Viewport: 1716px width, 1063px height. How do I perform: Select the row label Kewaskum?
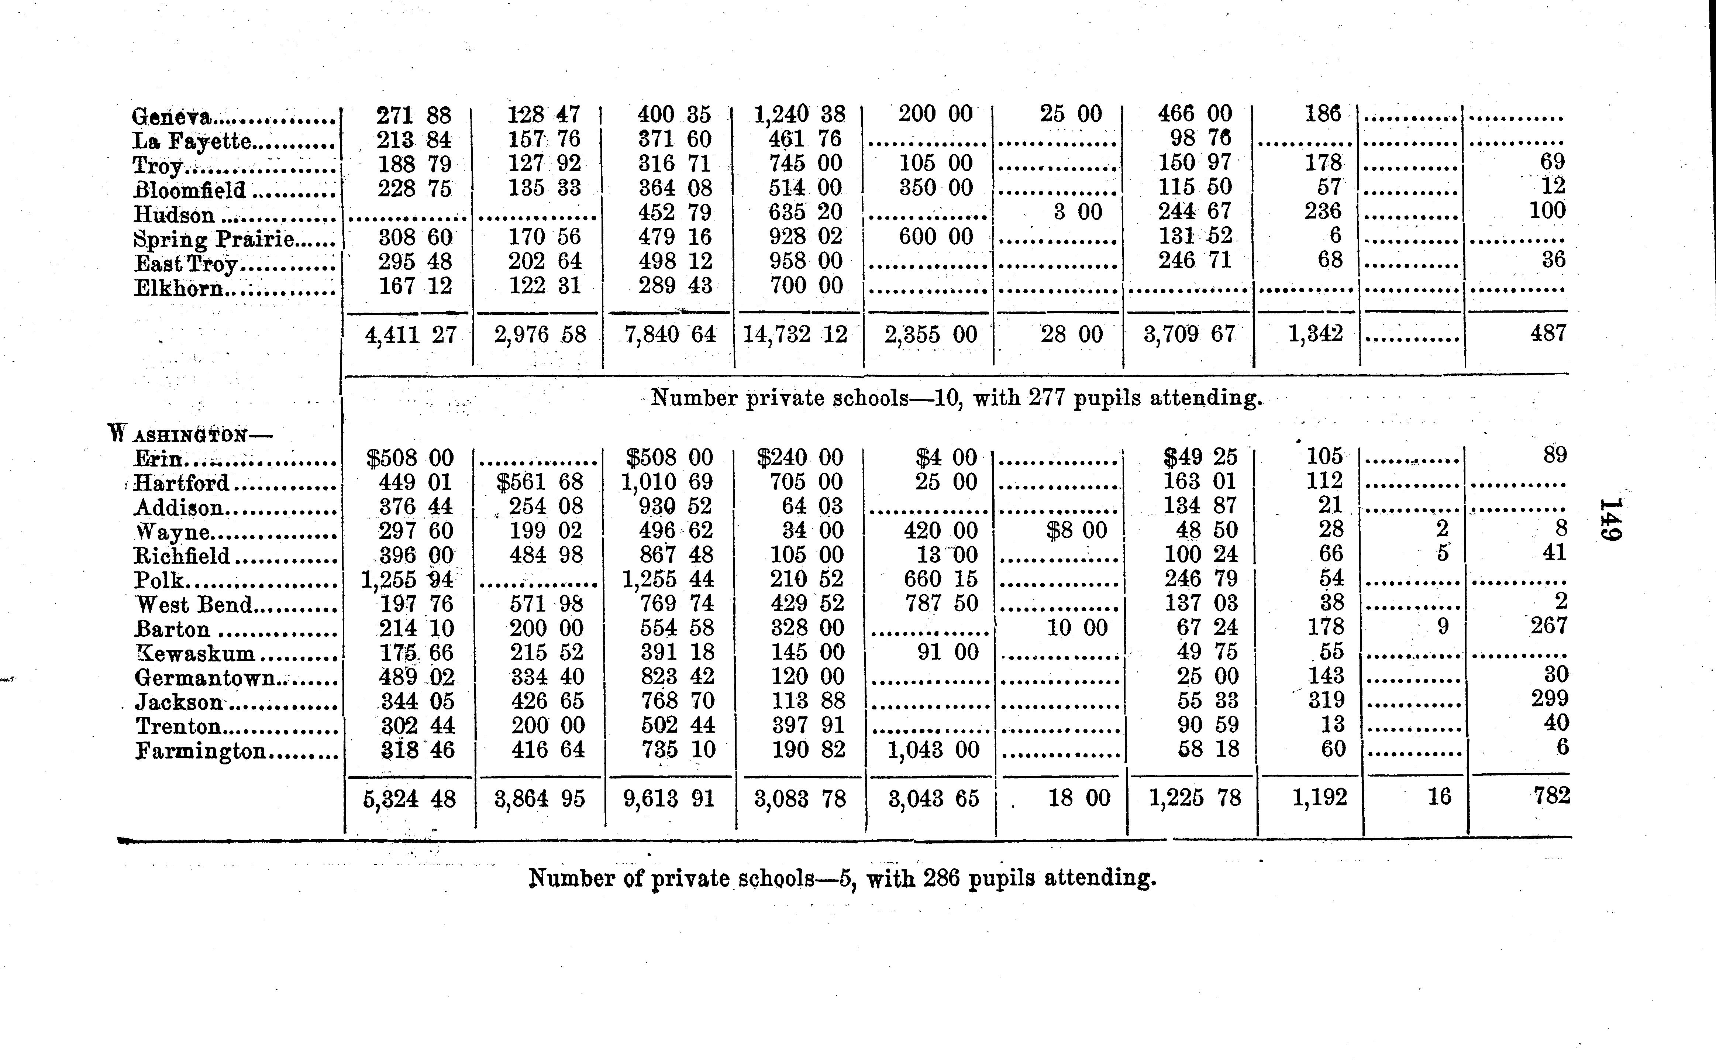[x=194, y=653]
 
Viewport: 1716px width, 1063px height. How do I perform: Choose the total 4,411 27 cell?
[x=410, y=335]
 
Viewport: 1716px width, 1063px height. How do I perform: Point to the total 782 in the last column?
[x=1551, y=796]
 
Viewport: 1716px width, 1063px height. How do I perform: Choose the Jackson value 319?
[x=1324, y=700]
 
